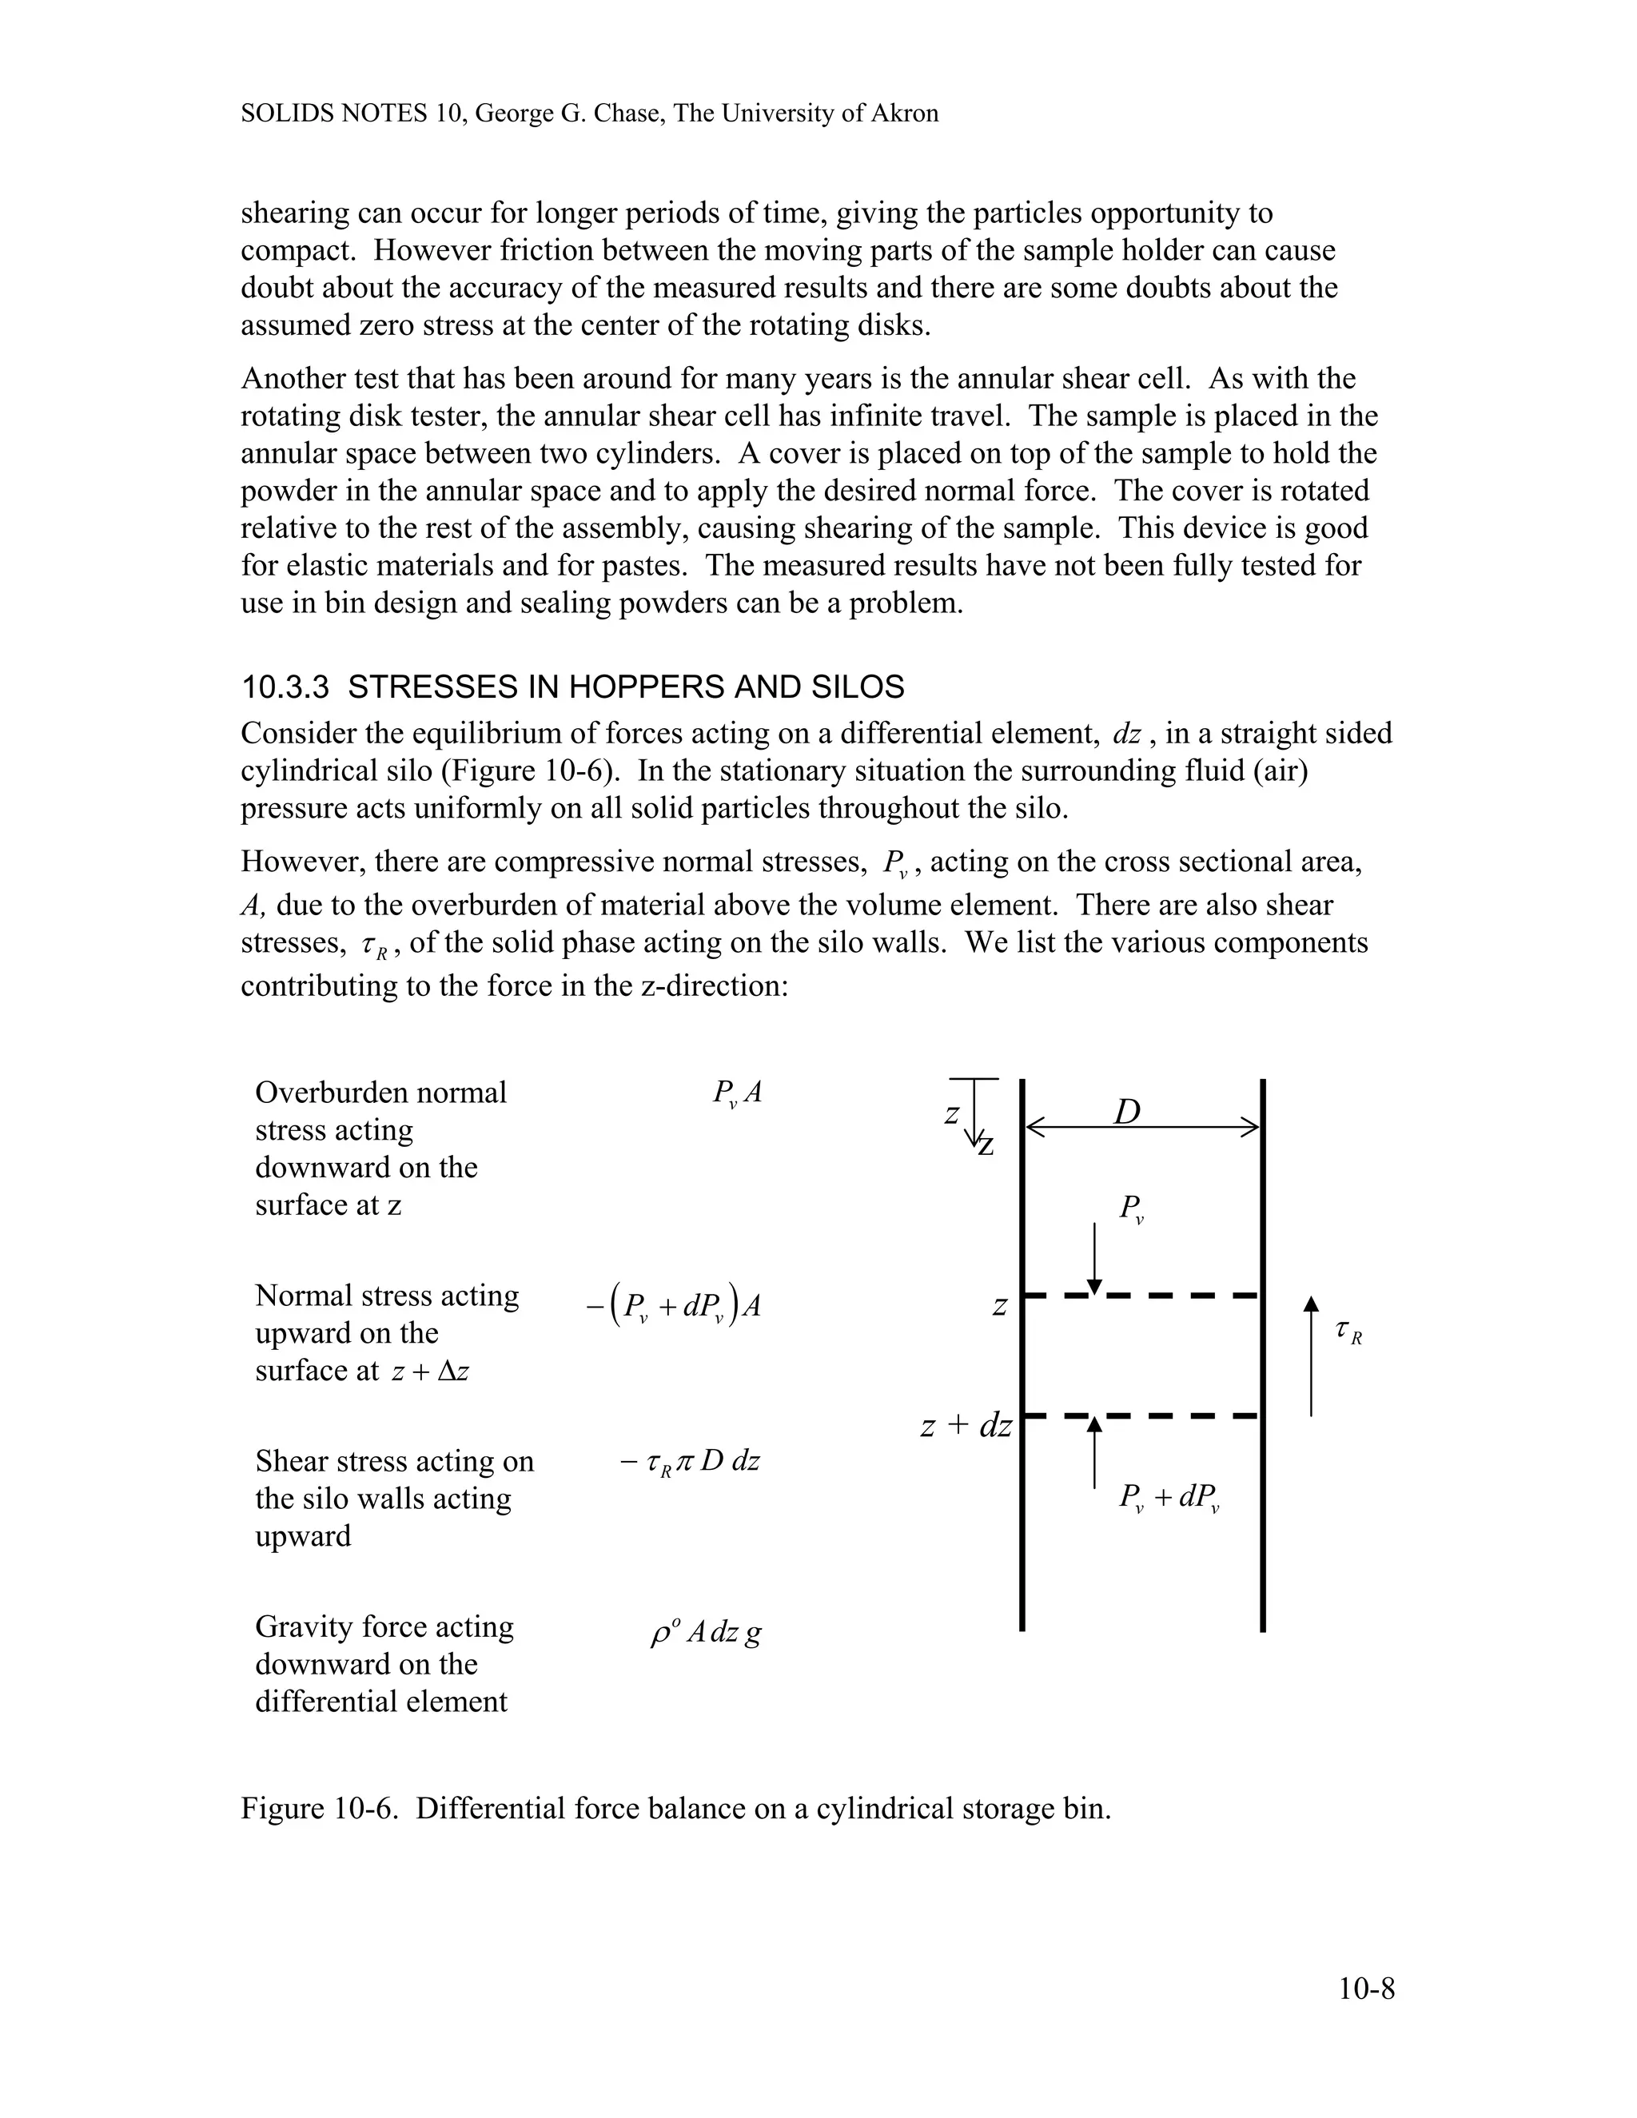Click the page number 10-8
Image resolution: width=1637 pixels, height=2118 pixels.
coord(1365,1989)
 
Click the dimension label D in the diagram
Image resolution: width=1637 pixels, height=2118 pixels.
coord(1127,1112)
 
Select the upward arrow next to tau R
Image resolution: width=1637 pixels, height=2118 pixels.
coord(1311,1358)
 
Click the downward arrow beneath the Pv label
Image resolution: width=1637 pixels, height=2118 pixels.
coord(1094,1258)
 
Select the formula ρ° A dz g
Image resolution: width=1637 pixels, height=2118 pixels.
coord(705,1633)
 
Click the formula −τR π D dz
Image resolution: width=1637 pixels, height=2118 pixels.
coord(690,1460)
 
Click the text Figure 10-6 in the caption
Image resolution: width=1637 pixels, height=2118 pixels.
coord(319,1809)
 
